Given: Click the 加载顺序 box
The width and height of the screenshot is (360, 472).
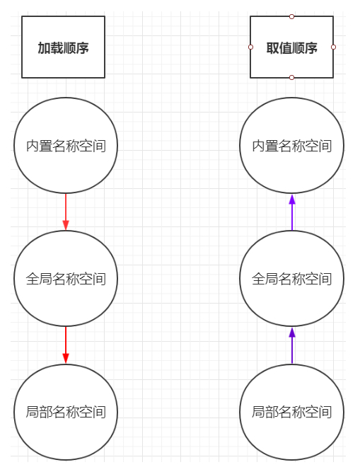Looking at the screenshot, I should pos(63,47).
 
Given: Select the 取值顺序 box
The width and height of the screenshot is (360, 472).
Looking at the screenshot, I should pos(291,47).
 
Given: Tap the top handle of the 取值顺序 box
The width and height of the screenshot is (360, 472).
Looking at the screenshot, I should pos(291,16).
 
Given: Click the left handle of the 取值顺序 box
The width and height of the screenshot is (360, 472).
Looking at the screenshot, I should pos(250,47).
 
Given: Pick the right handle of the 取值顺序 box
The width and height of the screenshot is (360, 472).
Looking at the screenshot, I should pos(333,47).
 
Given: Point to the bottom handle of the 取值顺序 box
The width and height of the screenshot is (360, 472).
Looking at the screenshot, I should pos(291,77).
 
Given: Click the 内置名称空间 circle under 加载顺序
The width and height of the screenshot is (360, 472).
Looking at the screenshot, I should pos(66,146).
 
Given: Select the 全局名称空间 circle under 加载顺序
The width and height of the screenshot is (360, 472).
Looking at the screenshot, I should pos(66,278).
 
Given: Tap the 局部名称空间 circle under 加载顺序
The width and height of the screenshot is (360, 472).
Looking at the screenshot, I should pos(66,411).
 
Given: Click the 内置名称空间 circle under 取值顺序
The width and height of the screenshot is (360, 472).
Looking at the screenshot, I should pos(291,146).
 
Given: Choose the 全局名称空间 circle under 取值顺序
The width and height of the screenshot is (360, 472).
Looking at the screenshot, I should pos(291,278).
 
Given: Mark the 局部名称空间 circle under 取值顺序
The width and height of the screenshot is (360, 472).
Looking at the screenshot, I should pos(291,411).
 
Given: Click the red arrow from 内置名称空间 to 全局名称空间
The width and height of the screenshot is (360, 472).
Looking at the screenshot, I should pos(66,211).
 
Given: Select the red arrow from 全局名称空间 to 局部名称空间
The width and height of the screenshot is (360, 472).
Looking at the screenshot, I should pos(66,344).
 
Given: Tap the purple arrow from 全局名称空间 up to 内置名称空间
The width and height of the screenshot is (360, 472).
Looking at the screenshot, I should pos(291,214).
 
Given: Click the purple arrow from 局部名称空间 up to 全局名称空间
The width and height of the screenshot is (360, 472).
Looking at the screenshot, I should pos(291,347).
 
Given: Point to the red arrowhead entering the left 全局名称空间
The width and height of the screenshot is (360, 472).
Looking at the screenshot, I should pos(66,225).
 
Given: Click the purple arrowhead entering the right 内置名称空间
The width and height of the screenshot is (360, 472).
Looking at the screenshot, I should pos(291,199).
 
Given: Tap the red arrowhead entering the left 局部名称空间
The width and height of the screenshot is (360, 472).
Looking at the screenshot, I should pos(66,358).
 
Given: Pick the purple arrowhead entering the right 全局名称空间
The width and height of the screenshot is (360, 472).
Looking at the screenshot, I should pos(291,332).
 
